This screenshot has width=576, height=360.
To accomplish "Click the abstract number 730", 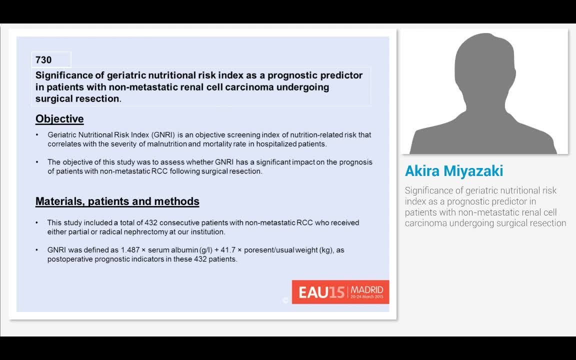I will [x=43, y=60].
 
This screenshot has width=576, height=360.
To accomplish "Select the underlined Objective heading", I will [x=59, y=119].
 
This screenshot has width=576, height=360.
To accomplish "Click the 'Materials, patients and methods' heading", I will [x=117, y=201].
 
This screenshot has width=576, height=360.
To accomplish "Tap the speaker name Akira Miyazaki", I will [x=454, y=171].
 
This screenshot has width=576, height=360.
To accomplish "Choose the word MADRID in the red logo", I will [x=366, y=289].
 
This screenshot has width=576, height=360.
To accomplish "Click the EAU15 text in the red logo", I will [x=321, y=292].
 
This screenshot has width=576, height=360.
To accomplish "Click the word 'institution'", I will [x=206, y=232].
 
